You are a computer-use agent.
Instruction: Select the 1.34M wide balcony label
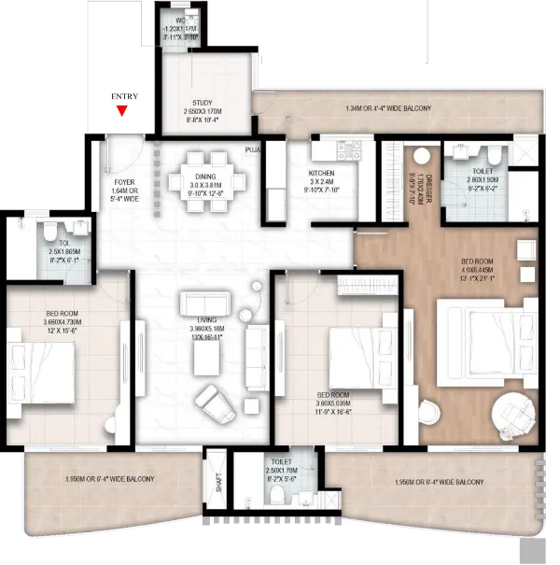388,109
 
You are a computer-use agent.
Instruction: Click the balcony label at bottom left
110,479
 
